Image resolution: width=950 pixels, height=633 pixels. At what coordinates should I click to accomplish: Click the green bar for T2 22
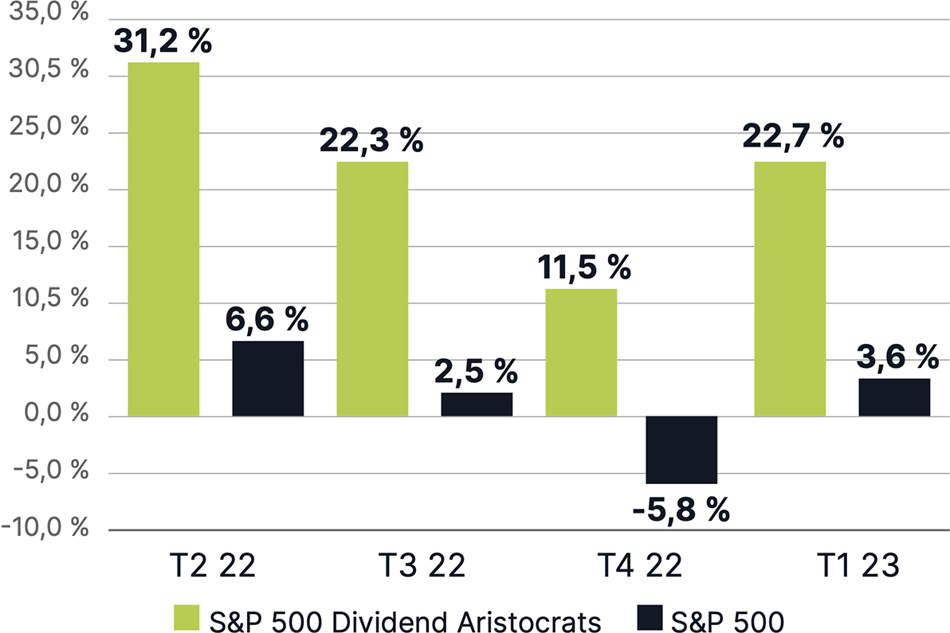pyautogui.click(x=163, y=239)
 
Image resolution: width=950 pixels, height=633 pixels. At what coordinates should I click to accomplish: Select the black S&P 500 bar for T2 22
pyautogui.click(x=268, y=378)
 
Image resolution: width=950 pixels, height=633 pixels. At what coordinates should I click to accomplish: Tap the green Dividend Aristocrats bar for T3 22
pyautogui.click(x=372, y=288)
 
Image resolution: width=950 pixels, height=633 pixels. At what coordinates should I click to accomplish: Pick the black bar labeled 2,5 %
pyautogui.click(x=477, y=404)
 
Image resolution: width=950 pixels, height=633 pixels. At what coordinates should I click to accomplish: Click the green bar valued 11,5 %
pyautogui.click(x=581, y=352)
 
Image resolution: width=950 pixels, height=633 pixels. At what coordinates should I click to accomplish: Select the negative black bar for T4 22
pyautogui.click(x=682, y=450)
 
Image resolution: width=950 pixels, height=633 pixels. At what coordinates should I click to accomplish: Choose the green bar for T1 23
pyautogui.click(x=790, y=288)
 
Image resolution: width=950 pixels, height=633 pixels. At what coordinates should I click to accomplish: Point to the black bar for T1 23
pyautogui.click(x=894, y=397)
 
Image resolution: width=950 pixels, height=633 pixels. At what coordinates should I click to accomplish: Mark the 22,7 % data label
pyautogui.click(x=792, y=137)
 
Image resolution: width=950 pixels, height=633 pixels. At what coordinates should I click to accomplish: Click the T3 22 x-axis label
pyautogui.click(x=421, y=566)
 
